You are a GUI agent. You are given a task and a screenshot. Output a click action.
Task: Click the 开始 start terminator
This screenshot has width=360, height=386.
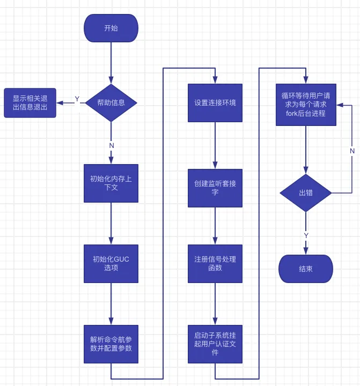(x=111, y=28)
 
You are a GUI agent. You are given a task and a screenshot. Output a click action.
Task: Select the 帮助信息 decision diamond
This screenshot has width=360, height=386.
(x=111, y=102)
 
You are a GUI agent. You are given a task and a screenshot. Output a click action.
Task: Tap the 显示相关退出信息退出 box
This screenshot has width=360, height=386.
(x=30, y=102)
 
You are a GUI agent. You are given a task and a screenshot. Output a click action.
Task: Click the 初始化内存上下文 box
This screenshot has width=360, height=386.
(x=111, y=183)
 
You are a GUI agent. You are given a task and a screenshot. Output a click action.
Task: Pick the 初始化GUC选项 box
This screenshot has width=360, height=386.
(x=111, y=263)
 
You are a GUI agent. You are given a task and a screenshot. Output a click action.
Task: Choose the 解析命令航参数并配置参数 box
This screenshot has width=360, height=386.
(x=111, y=344)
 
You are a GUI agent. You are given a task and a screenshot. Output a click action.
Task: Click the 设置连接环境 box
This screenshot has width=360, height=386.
(x=215, y=102)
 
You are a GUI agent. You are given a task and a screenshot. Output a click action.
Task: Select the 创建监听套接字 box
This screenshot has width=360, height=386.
(x=215, y=188)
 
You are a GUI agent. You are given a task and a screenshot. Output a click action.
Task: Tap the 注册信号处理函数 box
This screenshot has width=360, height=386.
(x=215, y=263)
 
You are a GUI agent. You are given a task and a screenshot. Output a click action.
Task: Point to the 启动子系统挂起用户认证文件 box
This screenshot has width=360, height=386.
(x=215, y=344)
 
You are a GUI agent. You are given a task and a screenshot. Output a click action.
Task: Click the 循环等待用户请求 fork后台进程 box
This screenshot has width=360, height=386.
(x=306, y=105)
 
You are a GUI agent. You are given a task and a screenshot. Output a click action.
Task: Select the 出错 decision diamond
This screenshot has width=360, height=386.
(x=306, y=192)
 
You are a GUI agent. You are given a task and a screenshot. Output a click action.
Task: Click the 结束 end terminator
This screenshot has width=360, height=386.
(x=306, y=269)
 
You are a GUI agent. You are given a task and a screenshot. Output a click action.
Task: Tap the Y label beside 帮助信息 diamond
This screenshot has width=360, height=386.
(x=77, y=99)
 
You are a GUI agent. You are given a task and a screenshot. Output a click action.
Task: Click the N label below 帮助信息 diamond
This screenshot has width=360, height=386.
(x=112, y=145)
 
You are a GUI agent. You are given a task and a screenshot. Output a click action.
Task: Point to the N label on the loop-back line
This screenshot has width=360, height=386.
(x=352, y=151)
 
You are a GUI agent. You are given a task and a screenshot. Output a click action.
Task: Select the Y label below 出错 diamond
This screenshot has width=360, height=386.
(x=306, y=235)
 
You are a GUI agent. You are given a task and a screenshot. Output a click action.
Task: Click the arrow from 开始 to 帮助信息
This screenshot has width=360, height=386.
(x=111, y=62)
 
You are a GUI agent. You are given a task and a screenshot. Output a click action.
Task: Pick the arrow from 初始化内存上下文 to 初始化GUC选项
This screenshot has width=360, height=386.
(x=111, y=224)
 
